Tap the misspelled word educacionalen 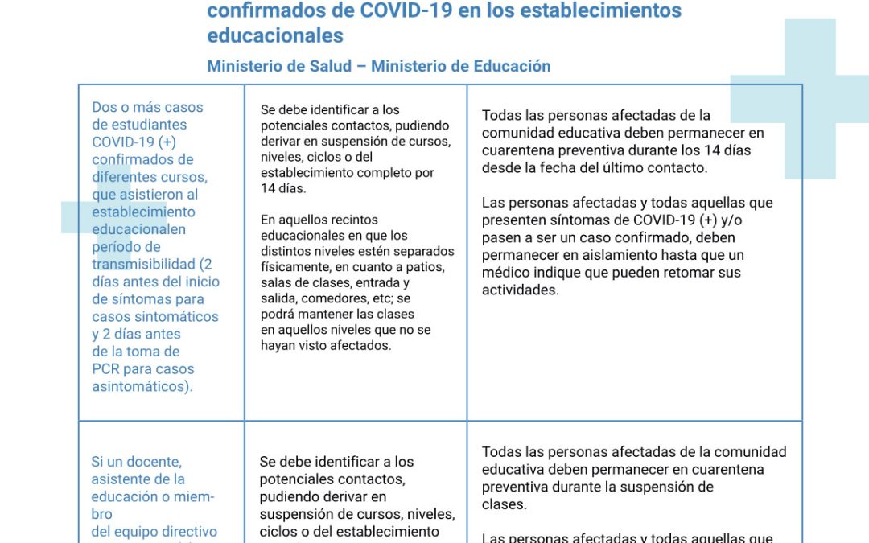pyautogui.click(x=138, y=229)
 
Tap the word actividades pyautogui.click(x=520, y=290)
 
